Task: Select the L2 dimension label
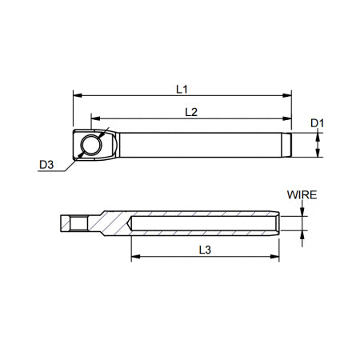[x=191, y=113]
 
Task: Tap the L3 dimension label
[x=203, y=249]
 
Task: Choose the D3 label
[x=46, y=165]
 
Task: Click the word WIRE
[x=303, y=194]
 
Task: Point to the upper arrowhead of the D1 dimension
[x=318, y=137]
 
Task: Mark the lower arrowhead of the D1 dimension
[x=318, y=154]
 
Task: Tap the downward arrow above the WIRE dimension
[x=303, y=211]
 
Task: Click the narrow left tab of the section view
[x=74, y=223]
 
